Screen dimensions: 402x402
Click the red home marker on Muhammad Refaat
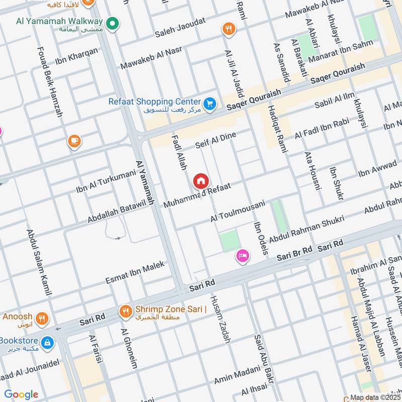point(200,181)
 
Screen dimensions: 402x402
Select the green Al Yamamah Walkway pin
point(113,23)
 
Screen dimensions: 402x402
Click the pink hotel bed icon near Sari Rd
point(242,256)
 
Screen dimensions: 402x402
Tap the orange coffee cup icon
point(74,142)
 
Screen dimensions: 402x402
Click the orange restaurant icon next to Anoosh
point(42,318)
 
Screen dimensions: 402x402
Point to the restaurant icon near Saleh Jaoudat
point(229,29)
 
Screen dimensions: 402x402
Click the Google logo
point(21,394)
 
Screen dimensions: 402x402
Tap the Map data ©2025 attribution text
point(375,397)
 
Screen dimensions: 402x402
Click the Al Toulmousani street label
point(238,212)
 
